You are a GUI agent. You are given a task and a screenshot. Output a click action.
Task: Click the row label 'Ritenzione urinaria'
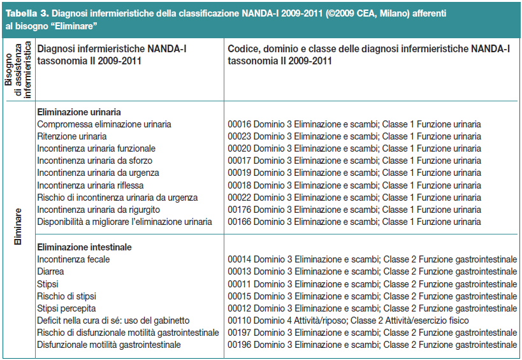click(x=72, y=136)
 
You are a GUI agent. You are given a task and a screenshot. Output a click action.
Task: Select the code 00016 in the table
click(x=240, y=124)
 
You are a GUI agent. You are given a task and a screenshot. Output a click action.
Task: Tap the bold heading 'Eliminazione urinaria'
click(x=79, y=112)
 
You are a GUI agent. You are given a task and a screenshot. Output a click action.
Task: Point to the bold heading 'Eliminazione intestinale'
click(x=84, y=247)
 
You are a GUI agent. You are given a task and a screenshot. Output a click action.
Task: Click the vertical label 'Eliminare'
click(x=18, y=227)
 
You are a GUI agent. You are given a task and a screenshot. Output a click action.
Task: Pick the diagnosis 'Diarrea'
click(x=50, y=271)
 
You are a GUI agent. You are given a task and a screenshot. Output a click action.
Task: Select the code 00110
click(x=240, y=320)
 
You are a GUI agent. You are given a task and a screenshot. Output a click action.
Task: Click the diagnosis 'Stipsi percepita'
click(x=66, y=308)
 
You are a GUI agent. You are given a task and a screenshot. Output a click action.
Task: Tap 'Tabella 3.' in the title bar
click(x=27, y=13)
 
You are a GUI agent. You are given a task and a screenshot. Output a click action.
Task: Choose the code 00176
click(x=240, y=210)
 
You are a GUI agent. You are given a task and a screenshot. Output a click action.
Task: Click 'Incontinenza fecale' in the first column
click(x=73, y=259)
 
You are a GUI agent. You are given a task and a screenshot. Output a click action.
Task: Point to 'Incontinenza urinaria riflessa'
click(x=91, y=185)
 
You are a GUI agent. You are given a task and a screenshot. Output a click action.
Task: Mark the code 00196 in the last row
click(x=240, y=345)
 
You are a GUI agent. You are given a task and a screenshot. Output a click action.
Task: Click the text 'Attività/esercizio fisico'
click(x=427, y=320)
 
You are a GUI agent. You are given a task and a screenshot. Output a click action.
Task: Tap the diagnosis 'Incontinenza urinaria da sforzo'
click(x=94, y=161)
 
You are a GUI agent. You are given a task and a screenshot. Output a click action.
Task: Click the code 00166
click(x=240, y=222)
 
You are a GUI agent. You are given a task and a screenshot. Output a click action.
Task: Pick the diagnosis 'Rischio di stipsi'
click(x=66, y=296)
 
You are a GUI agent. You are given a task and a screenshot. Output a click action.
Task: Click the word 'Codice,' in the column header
click(x=244, y=49)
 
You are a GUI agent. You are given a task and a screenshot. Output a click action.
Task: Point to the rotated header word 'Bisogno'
click(x=9, y=69)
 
